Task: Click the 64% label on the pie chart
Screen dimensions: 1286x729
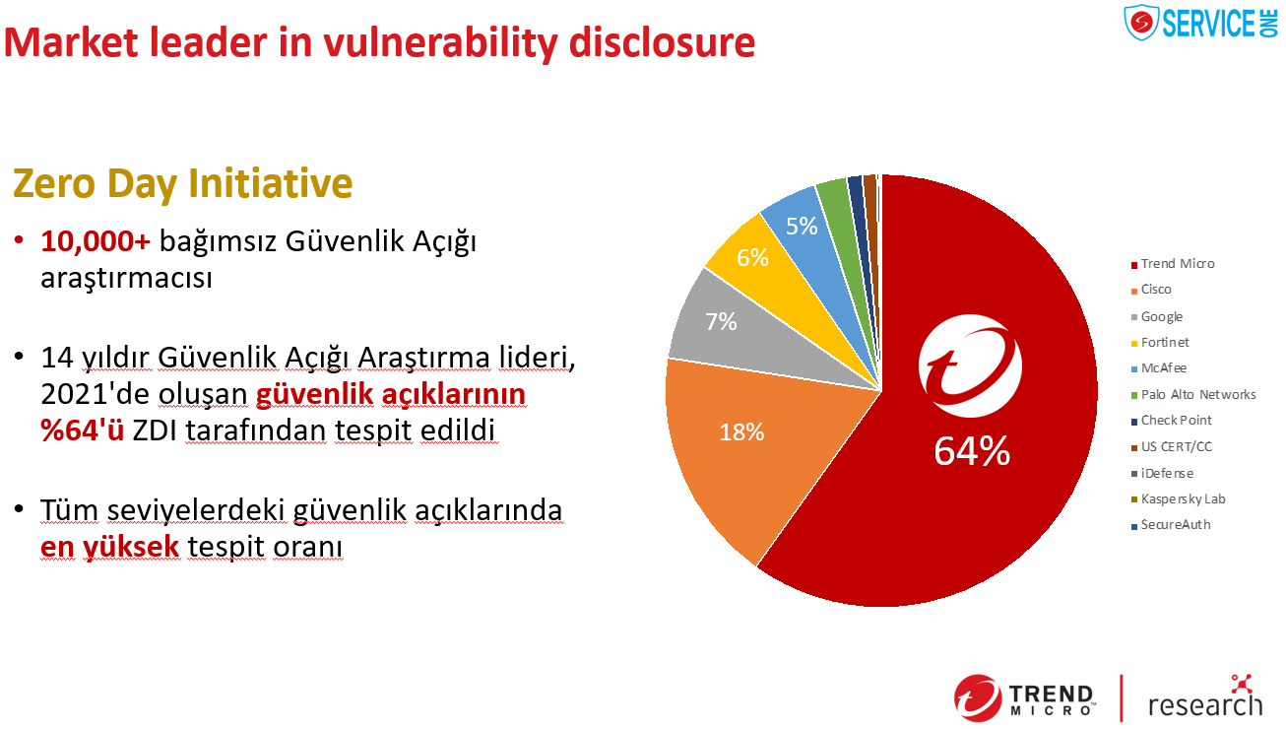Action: tap(972, 451)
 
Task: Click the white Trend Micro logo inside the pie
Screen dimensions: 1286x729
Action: tap(970, 365)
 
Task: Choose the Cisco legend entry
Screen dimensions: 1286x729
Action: tap(1151, 290)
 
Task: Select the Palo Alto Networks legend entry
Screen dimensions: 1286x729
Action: tap(1193, 395)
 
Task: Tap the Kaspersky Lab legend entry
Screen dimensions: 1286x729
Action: tap(1178, 499)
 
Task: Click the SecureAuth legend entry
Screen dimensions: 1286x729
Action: tap(1171, 524)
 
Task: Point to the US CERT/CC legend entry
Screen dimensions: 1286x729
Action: tap(1171, 447)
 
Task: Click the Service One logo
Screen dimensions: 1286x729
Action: tap(1200, 23)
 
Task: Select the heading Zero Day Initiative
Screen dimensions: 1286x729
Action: tap(182, 184)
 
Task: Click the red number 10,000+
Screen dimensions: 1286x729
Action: tap(96, 241)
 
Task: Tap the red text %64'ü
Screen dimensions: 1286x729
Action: tap(82, 430)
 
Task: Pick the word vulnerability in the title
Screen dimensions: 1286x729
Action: tap(440, 43)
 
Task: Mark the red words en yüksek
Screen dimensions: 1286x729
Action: tap(109, 547)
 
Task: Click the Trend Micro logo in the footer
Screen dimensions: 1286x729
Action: tap(1024, 698)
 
